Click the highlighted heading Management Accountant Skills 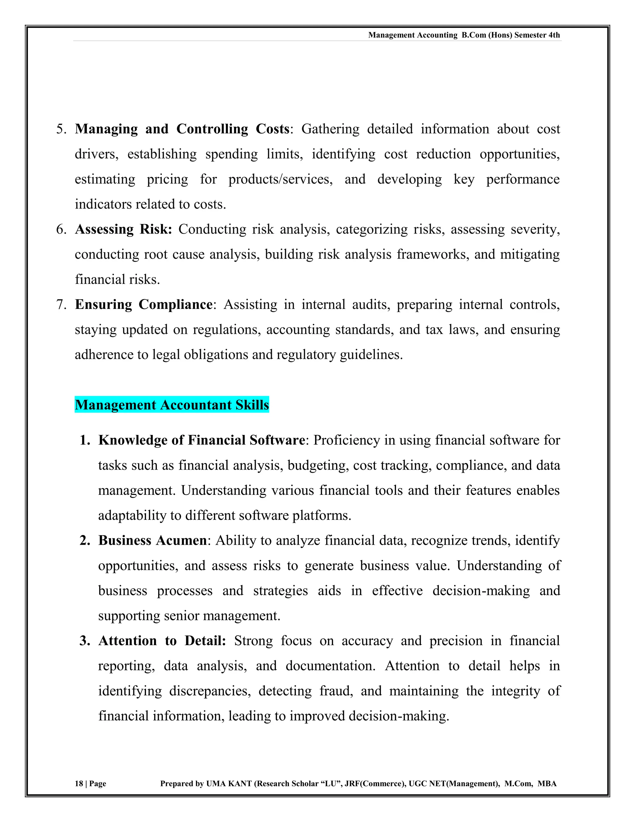click(171, 405)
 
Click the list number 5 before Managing click(60, 129)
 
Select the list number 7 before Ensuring click(60, 305)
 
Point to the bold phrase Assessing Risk click(123, 229)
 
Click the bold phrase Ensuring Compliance click(144, 305)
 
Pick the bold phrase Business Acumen click(152, 540)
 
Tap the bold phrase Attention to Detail click(162, 641)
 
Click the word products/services click(280, 180)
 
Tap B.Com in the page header click(474, 35)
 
